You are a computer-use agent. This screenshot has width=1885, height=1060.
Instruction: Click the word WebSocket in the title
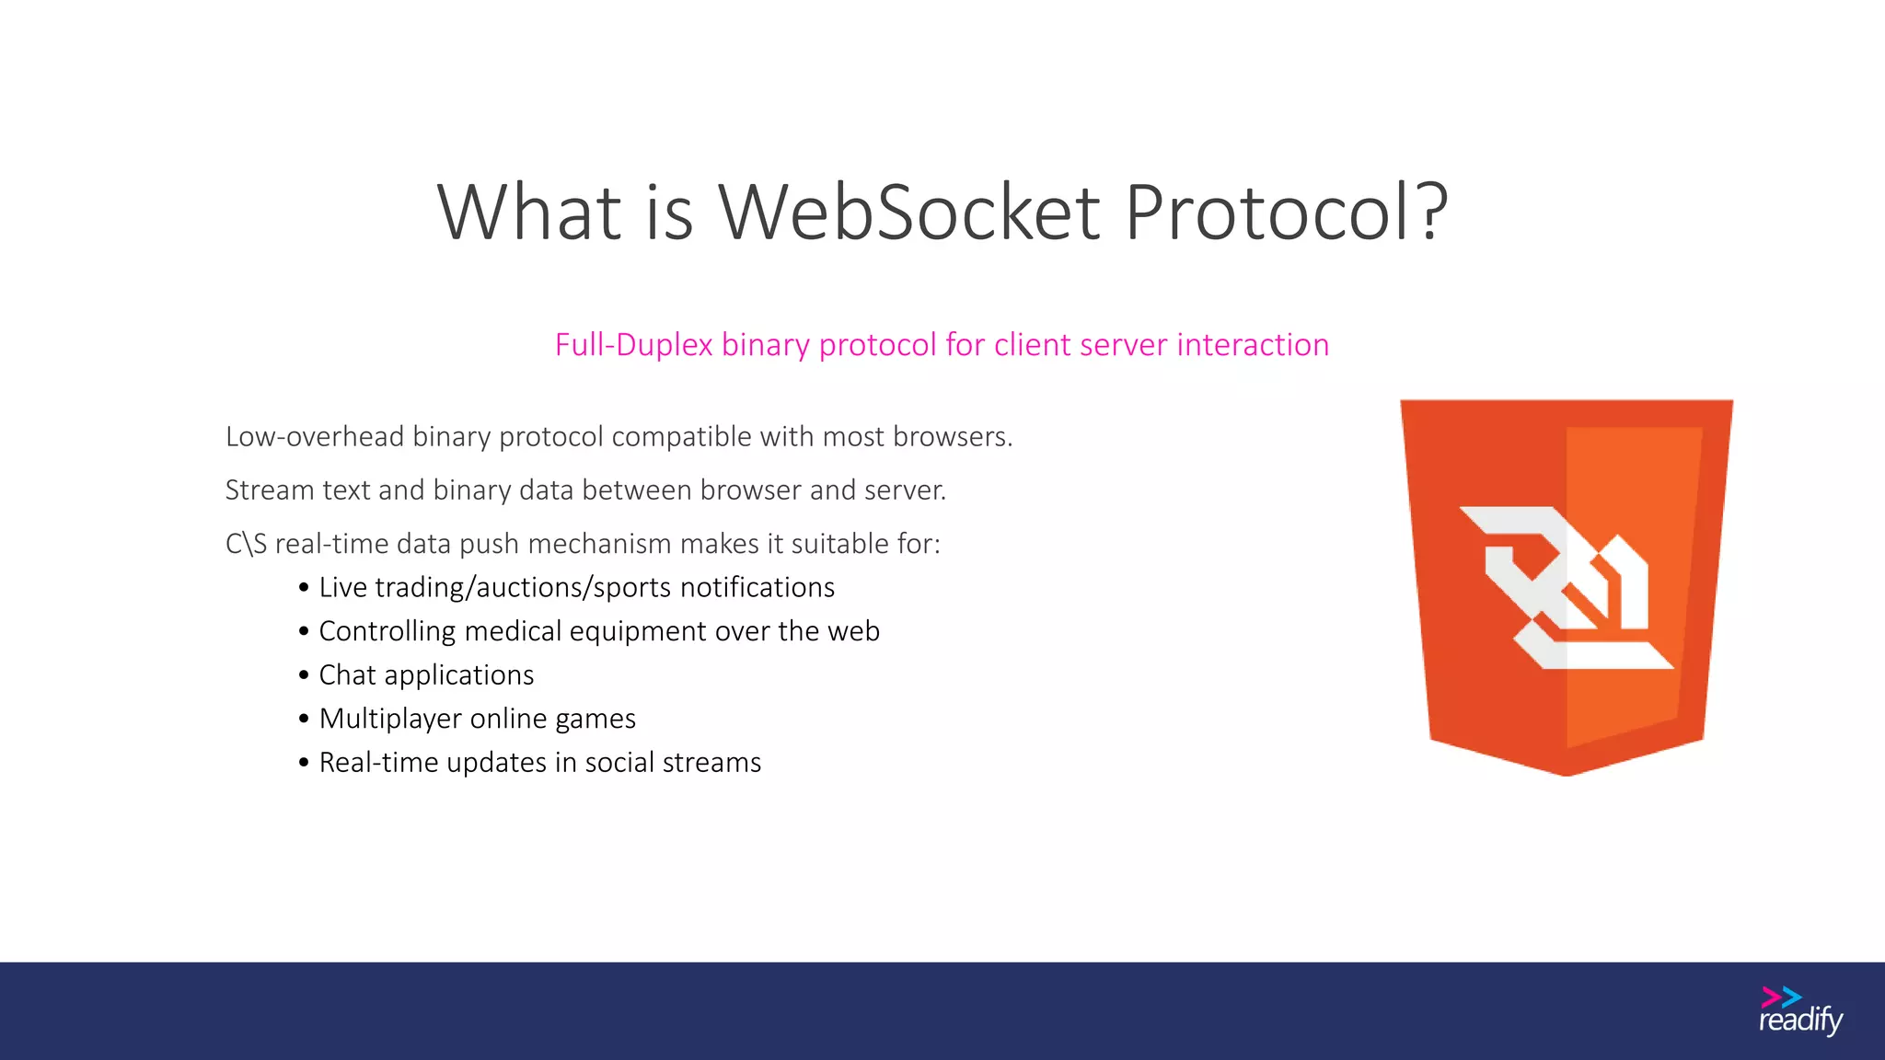(x=908, y=213)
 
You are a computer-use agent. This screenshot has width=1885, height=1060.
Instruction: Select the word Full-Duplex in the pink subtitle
(x=633, y=345)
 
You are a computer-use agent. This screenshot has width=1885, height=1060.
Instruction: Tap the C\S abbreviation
(x=246, y=544)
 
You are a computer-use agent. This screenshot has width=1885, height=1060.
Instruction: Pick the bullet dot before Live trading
(x=304, y=588)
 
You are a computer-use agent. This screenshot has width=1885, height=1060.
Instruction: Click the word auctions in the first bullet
(x=529, y=588)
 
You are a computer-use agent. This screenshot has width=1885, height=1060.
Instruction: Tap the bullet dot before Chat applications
(x=304, y=675)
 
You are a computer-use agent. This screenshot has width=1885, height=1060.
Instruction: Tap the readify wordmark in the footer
(x=1800, y=1021)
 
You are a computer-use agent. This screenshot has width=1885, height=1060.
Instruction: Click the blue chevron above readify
(x=1791, y=997)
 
